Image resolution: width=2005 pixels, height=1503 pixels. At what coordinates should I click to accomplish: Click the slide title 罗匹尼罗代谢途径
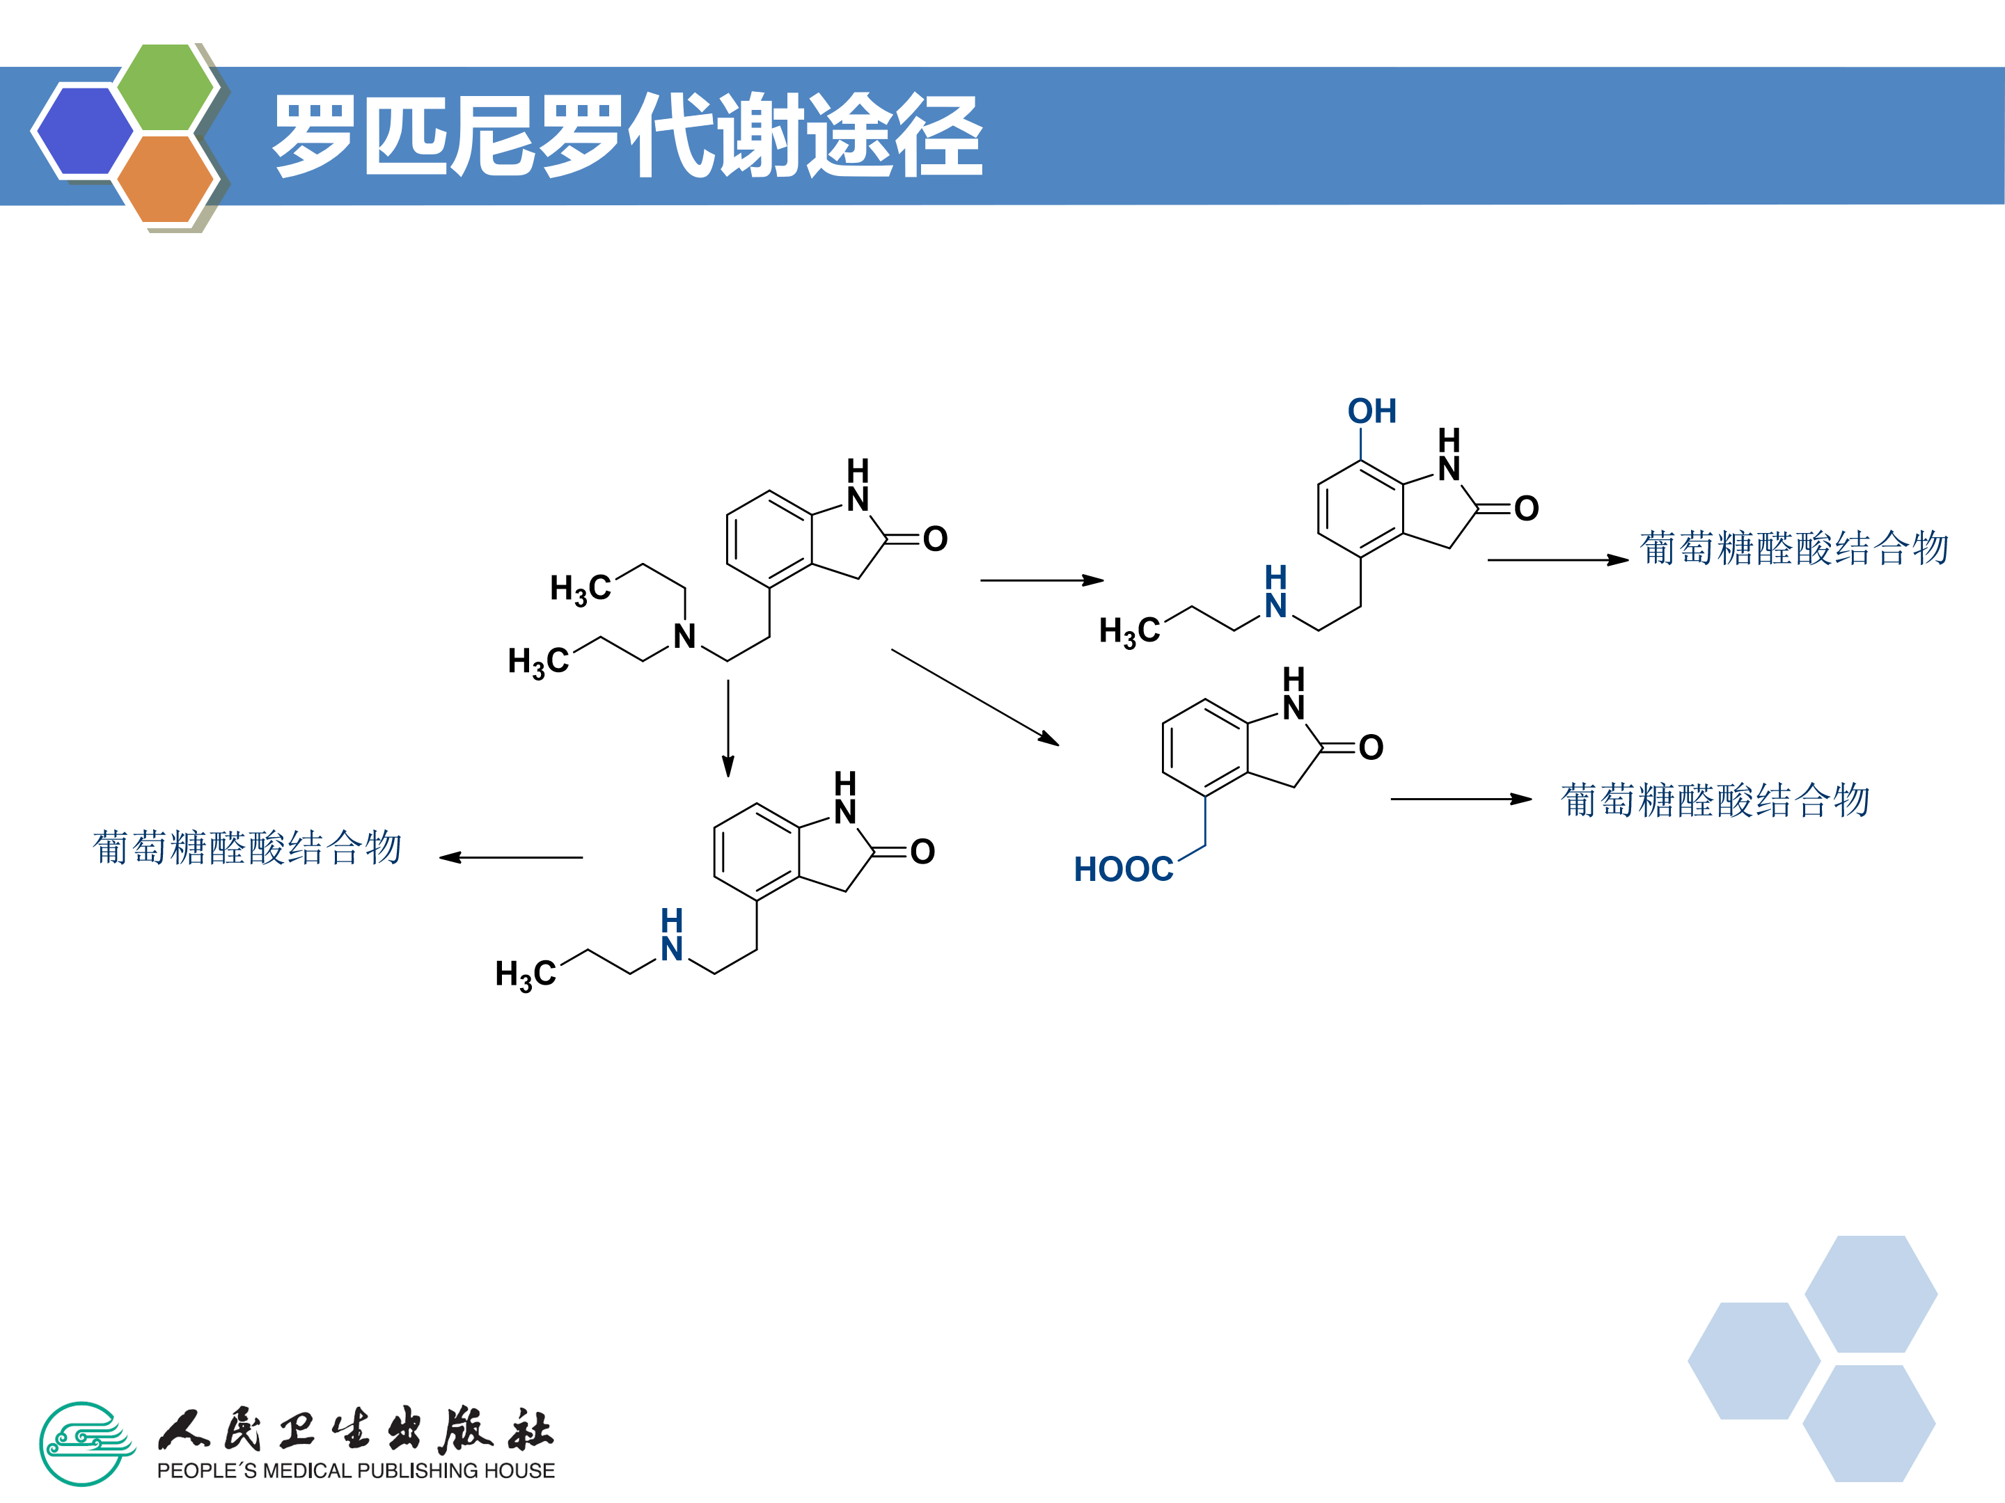point(627,136)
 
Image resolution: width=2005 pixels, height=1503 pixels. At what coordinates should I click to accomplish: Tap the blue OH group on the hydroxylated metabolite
point(1371,411)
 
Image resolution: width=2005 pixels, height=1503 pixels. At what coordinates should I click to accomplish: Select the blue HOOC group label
point(1122,870)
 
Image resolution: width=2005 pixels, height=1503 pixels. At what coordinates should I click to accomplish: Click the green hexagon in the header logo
point(166,87)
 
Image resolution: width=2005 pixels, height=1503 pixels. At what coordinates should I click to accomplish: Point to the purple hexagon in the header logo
point(82,130)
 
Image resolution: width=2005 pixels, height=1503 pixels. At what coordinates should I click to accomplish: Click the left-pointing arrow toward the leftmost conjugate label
point(511,857)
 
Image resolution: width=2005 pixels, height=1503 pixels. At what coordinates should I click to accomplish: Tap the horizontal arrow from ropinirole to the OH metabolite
point(1041,580)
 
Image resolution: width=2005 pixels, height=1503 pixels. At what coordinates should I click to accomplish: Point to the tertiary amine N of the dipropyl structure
point(684,636)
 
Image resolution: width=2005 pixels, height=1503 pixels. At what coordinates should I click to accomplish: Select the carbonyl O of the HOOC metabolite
point(1371,747)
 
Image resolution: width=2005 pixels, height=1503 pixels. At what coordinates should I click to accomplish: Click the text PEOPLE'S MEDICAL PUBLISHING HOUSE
point(355,1470)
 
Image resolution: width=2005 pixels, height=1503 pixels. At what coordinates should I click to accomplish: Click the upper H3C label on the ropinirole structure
point(580,589)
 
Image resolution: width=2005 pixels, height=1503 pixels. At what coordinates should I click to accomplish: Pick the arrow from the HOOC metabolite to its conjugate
point(1461,799)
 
